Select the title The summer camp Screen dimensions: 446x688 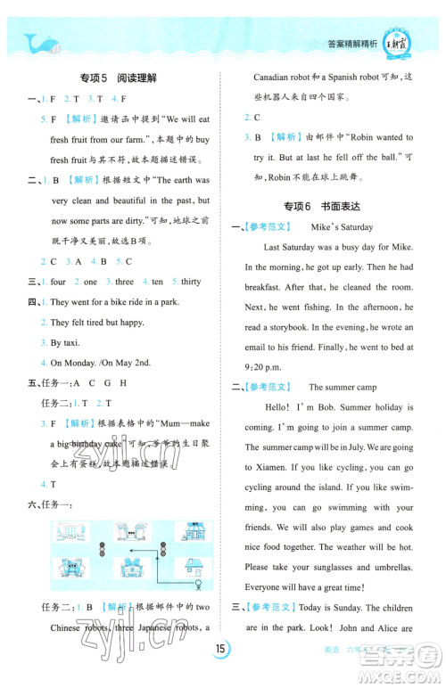343,387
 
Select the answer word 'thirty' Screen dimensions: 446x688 191,282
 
